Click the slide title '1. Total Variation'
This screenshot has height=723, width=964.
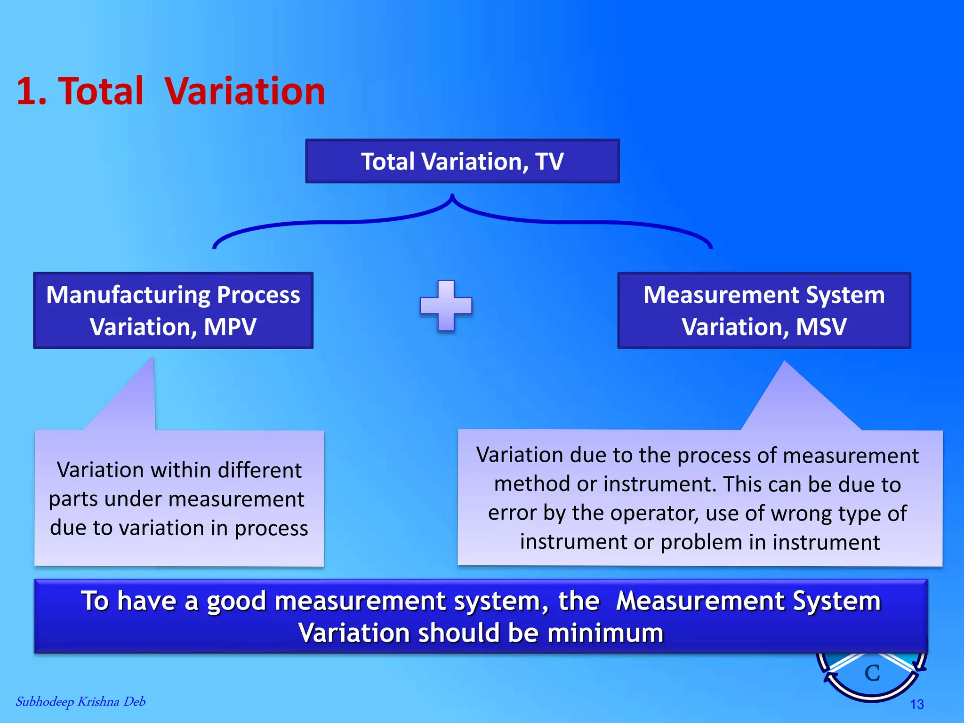coord(170,91)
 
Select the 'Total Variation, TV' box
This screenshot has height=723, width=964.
coord(462,161)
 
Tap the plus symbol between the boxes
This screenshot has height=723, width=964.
coord(446,306)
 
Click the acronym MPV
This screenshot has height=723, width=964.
coord(230,327)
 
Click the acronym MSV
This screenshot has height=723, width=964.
coord(821,327)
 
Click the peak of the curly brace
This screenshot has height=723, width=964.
coord(452,196)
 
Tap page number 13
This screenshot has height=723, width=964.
coord(916,704)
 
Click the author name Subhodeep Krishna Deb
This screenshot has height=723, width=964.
coord(80,701)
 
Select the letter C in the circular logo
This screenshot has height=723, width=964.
coord(872,673)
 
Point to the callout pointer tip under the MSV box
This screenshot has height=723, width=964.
coord(784,362)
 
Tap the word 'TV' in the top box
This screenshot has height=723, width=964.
coord(549,161)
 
